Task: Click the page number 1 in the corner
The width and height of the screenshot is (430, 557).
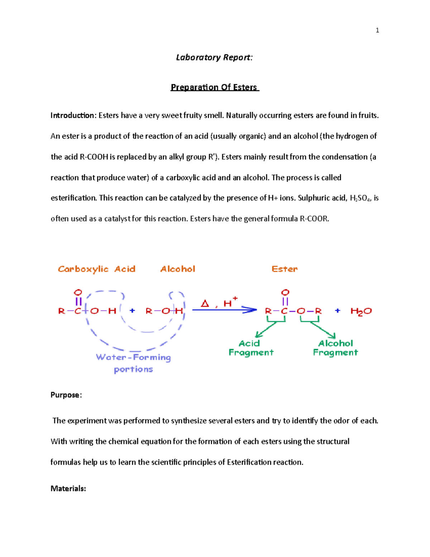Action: point(377,30)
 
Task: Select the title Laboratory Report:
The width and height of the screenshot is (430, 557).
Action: point(214,57)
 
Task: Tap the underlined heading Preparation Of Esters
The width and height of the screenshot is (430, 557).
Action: point(214,87)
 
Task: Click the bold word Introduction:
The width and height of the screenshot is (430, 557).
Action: point(73,115)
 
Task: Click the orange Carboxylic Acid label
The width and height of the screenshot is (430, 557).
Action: point(96,269)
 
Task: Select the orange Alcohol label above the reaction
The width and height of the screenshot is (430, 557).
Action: point(178,269)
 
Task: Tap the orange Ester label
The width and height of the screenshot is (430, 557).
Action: point(285,269)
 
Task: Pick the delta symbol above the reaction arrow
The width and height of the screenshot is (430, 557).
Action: point(205,304)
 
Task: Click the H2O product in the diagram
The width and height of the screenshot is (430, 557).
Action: point(361,311)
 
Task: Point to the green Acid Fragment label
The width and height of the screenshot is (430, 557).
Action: point(251,348)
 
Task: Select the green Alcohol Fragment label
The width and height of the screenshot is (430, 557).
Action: point(335,348)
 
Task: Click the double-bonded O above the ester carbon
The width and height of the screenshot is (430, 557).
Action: point(285,293)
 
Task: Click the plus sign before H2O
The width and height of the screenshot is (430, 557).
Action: point(338,311)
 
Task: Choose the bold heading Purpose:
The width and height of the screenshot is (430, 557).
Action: point(66,395)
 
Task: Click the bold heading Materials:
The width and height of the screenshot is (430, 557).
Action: point(68,488)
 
